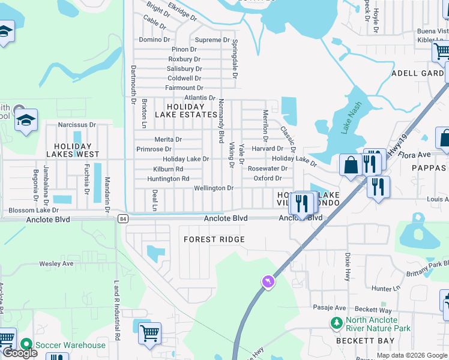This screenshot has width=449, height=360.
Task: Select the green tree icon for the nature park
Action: click(x=337, y=323)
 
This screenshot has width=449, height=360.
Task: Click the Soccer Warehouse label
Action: click(x=70, y=345)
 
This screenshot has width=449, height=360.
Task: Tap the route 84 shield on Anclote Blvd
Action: click(x=122, y=218)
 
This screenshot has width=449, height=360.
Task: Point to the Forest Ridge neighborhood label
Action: click(x=214, y=239)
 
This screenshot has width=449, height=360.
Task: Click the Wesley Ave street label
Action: click(x=56, y=263)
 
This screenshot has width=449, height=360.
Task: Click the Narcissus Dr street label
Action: click(x=77, y=125)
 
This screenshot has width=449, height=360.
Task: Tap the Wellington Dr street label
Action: click(x=213, y=188)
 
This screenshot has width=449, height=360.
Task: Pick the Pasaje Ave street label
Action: click(x=330, y=307)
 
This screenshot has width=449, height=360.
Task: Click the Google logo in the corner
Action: click(x=20, y=353)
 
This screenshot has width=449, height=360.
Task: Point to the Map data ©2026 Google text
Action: click(x=411, y=355)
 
